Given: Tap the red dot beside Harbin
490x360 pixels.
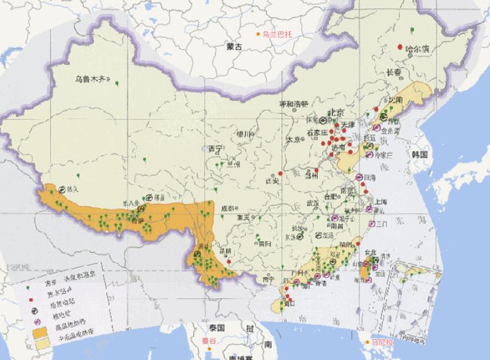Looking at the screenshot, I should (x=400, y=47).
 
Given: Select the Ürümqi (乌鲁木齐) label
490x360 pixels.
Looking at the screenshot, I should (x=89, y=80).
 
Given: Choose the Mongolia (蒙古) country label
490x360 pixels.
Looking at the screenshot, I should (x=234, y=47).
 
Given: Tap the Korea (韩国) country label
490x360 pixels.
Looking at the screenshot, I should (x=419, y=155).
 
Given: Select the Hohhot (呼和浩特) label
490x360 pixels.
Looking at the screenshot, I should (x=293, y=104).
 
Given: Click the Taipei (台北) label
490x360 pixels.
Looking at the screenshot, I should (x=370, y=251).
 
